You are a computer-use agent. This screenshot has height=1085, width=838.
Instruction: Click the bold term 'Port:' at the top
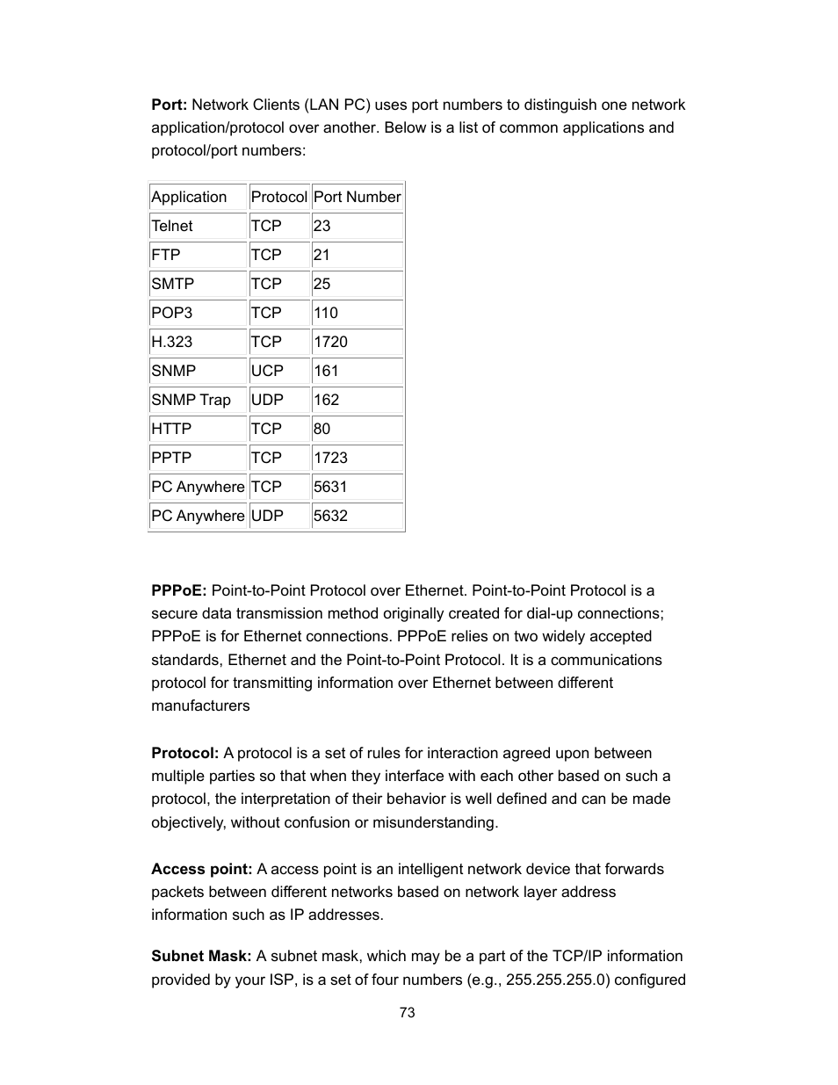coord(169,105)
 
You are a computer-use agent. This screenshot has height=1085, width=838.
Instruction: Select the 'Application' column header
coord(189,197)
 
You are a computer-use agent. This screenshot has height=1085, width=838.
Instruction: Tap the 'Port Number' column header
coord(357,197)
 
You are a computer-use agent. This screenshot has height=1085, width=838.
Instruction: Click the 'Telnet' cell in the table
coord(172,226)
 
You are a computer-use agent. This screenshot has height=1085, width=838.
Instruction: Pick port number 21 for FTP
coord(322,255)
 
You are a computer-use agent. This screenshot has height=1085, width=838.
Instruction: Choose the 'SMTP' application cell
coord(173,284)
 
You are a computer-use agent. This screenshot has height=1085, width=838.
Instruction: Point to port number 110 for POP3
coord(326,313)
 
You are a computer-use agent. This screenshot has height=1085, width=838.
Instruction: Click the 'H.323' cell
coord(172,342)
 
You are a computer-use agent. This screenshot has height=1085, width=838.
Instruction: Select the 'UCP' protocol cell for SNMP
coord(267,371)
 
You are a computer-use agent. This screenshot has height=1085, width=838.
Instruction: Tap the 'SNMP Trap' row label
coord(191,400)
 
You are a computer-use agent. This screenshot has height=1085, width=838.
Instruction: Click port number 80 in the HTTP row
coord(322,429)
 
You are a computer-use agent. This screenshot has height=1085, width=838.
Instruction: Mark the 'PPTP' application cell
coord(171,458)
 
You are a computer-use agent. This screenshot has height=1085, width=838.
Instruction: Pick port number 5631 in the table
coord(330,487)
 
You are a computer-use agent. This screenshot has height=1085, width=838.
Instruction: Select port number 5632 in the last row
coord(330,516)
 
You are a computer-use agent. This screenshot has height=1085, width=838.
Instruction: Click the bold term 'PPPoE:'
coord(179,590)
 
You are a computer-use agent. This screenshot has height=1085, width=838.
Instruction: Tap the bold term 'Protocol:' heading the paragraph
coord(184,753)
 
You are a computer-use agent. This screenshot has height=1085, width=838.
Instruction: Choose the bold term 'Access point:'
coord(202,869)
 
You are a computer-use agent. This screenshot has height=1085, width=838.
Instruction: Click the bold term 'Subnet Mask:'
coord(201,956)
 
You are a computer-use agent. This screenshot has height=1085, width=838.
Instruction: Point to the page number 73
coord(407,1012)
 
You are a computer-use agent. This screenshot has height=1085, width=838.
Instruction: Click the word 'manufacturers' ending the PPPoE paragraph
coord(200,705)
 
